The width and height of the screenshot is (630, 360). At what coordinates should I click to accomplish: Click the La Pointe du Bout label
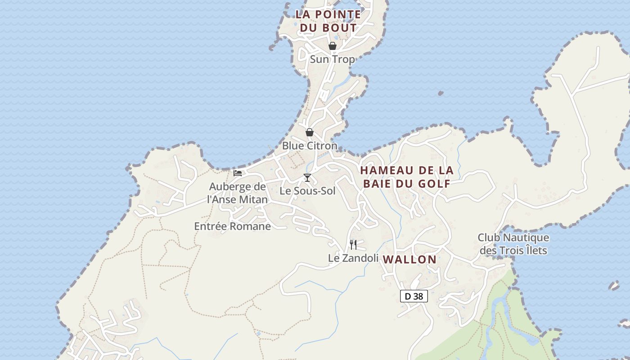tap(328, 21)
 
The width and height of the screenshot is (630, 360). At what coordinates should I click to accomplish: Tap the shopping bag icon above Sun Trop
tap(332, 46)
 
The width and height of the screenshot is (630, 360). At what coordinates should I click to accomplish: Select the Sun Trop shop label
tap(332, 59)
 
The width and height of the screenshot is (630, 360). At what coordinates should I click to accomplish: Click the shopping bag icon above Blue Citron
tap(310, 132)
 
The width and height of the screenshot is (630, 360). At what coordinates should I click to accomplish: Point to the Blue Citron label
tap(310, 146)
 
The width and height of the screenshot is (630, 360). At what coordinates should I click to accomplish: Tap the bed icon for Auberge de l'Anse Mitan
tap(238, 173)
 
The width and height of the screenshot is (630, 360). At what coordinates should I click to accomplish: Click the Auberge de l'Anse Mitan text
tap(238, 193)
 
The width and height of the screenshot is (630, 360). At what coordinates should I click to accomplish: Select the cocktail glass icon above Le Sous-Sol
tap(307, 178)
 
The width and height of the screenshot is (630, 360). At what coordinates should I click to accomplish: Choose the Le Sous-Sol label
tap(307, 191)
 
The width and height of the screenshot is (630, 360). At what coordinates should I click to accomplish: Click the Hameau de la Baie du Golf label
tap(407, 177)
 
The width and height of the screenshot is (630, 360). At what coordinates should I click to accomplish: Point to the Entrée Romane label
tap(232, 226)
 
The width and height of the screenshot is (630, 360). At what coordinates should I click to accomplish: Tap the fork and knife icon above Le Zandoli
tap(353, 245)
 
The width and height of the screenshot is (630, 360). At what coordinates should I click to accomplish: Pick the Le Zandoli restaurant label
tap(352, 258)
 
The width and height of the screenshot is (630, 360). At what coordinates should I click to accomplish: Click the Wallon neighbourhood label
tap(409, 259)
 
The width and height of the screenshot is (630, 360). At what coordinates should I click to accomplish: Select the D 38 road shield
tap(414, 296)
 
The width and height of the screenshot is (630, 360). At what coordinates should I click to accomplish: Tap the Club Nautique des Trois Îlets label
tap(513, 243)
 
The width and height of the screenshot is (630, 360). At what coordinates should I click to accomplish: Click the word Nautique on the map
tap(526, 237)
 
